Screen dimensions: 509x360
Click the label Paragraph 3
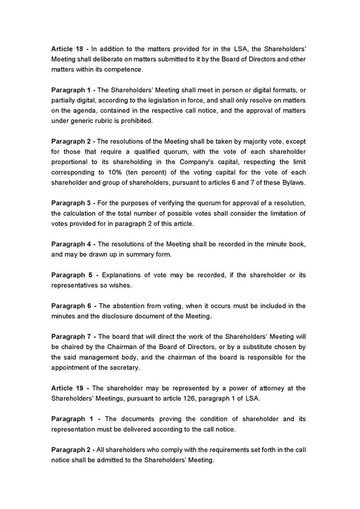coord(73,203)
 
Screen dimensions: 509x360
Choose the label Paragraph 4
coord(73,244)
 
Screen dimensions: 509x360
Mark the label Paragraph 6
coord(73,306)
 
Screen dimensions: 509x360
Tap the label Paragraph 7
coord(73,337)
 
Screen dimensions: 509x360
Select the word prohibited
coord(137,121)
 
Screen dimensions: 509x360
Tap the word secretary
coord(124,368)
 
